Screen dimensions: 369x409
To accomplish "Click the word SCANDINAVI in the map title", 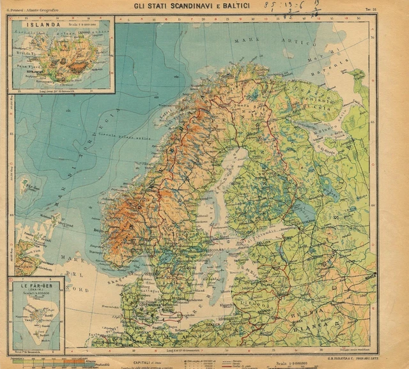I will [192, 6].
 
